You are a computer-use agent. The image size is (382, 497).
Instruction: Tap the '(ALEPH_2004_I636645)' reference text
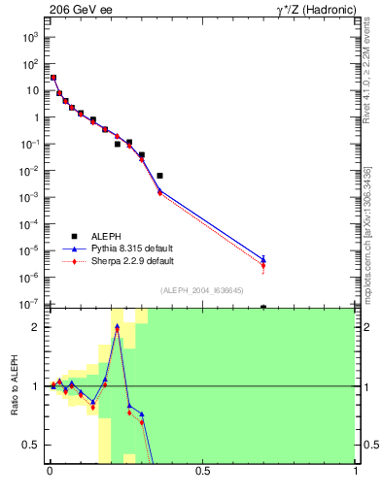pos(202,290)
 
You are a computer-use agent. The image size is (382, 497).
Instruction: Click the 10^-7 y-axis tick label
pos(31,304)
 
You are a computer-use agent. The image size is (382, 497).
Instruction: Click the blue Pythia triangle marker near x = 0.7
pos(263,258)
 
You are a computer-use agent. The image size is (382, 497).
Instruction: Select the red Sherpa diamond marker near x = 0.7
pos(263,265)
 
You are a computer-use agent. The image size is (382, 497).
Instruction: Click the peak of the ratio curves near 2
pos(117,327)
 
